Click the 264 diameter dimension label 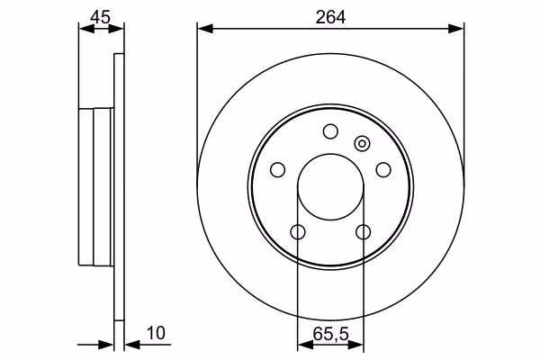[330, 17]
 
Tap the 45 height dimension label [101, 17]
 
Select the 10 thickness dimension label [156, 333]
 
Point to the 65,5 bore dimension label [331, 334]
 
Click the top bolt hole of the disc [330, 131]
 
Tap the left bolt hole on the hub [277, 170]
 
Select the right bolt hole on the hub [383, 170]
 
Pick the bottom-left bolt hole [298, 232]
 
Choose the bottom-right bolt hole [364, 232]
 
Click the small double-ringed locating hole [362, 143]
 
